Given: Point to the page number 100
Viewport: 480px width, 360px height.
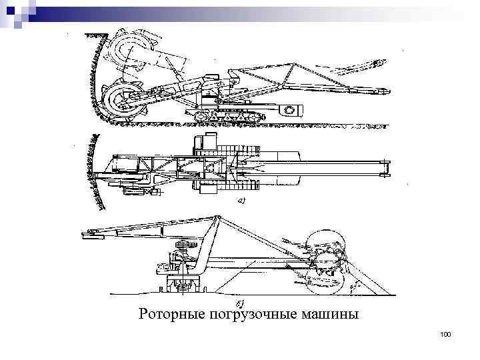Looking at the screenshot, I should click(446, 333).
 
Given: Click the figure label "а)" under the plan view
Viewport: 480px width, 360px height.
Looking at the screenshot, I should click(241, 200).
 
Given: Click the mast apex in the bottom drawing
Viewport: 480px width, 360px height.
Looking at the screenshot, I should click(215, 218).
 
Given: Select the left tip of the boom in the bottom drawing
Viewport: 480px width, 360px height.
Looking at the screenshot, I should click(85, 233).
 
